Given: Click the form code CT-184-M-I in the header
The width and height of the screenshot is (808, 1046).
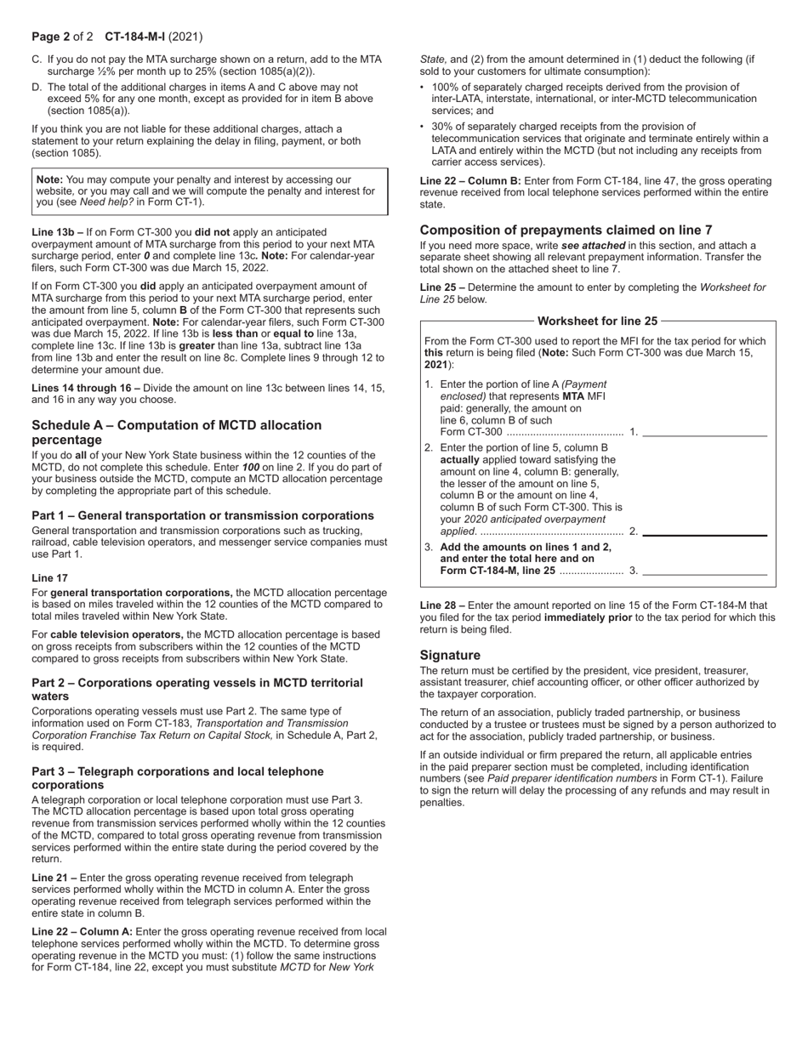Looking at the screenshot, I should click(x=134, y=37).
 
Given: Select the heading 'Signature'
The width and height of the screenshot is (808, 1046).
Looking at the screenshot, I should click(x=450, y=655).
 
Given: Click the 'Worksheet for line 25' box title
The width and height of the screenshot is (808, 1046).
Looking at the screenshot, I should click(x=597, y=321).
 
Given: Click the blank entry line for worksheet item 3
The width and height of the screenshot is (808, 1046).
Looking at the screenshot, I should click(x=704, y=571).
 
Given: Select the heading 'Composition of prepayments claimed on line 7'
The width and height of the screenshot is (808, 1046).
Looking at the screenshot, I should click(x=566, y=230).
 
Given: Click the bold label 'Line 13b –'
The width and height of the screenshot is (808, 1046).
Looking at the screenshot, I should click(x=57, y=232).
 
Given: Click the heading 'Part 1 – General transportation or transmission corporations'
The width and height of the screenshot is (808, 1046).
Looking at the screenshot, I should click(x=202, y=515).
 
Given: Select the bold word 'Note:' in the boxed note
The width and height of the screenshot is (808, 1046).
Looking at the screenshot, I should click(x=49, y=180).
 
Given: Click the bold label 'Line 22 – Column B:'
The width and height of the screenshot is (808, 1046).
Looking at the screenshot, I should click(x=470, y=181).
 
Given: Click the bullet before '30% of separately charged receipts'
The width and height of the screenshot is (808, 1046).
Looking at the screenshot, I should click(x=423, y=127).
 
